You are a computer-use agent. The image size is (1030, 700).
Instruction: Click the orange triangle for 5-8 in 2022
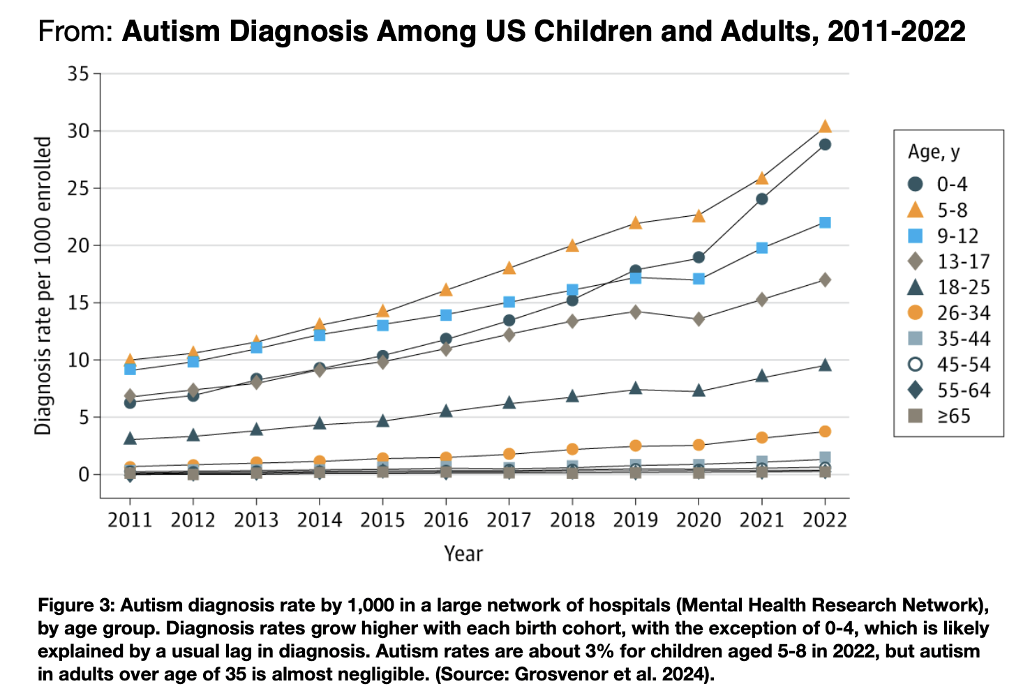click(x=825, y=126)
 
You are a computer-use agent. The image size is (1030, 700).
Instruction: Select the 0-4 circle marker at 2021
click(x=762, y=199)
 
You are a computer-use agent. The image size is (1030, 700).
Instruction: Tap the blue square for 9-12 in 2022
click(x=825, y=222)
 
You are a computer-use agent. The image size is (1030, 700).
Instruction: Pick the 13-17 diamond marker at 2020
click(x=699, y=319)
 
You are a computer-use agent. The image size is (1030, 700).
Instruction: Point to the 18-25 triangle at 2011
click(x=130, y=439)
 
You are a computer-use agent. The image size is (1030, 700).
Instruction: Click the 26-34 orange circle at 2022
click(x=825, y=432)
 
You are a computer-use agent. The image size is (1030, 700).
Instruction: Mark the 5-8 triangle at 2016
click(x=446, y=289)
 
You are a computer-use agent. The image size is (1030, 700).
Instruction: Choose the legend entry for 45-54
click(x=948, y=365)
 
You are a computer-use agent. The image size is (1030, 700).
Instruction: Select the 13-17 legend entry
click(x=948, y=261)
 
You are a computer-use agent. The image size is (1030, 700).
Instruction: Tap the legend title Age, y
click(x=934, y=152)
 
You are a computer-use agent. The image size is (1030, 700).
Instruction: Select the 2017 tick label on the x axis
click(x=509, y=520)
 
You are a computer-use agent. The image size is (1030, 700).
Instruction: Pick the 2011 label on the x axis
click(x=130, y=520)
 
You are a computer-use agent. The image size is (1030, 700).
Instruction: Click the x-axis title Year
click(x=463, y=554)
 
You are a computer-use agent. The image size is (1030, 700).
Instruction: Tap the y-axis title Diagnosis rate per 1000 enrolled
click(x=43, y=286)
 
